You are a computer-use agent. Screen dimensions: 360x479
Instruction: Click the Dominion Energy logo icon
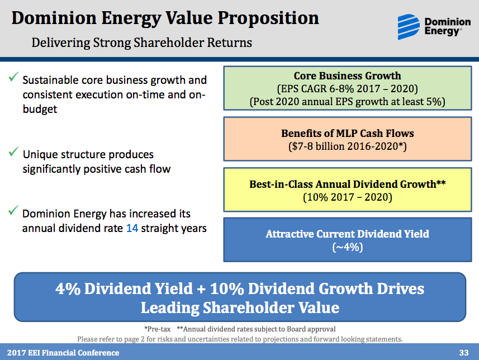(409, 25)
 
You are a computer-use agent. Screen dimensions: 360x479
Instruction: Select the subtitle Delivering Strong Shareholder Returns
(141, 42)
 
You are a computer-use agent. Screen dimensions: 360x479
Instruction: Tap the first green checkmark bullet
(13, 78)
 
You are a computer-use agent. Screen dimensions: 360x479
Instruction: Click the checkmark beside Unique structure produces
(13, 151)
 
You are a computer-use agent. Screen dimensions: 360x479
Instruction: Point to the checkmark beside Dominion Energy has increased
(13, 211)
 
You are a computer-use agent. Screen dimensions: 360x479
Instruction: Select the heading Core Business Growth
(347, 76)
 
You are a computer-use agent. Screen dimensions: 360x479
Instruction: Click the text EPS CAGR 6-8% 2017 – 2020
(347, 89)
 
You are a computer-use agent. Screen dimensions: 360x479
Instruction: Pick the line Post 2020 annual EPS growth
(347, 102)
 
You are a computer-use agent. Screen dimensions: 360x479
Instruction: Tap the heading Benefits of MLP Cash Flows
(347, 134)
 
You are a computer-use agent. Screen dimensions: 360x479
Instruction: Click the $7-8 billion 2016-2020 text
(347, 146)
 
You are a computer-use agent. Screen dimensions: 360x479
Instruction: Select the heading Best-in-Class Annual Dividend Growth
(347, 183)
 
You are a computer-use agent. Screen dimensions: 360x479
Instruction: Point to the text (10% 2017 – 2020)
(347, 197)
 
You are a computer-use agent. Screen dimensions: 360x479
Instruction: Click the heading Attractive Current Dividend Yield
(347, 234)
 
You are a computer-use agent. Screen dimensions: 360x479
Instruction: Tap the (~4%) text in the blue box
(347, 247)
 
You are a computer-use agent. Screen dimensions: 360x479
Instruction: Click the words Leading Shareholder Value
(240, 307)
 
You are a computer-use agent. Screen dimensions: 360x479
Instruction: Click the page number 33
(463, 353)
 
